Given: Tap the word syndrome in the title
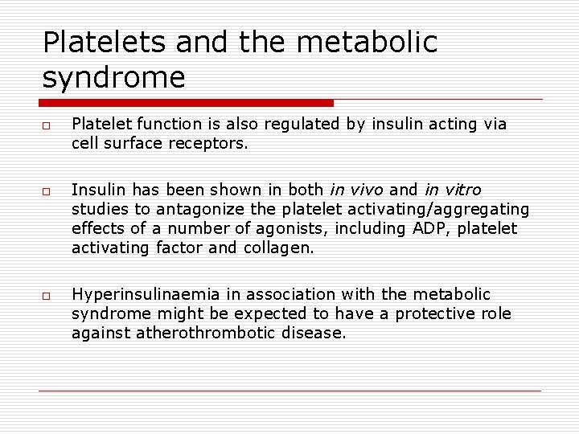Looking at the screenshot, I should pyautogui.click(x=113, y=78).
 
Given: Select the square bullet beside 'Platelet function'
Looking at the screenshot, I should pyautogui.click(x=47, y=125).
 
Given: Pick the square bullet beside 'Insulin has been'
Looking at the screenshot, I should pyautogui.click(x=47, y=190).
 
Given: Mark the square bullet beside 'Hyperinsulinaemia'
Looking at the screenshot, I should pyautogui.click(x=47, y=296).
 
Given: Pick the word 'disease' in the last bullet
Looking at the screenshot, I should pyautogui.click(x=315, y=334).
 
